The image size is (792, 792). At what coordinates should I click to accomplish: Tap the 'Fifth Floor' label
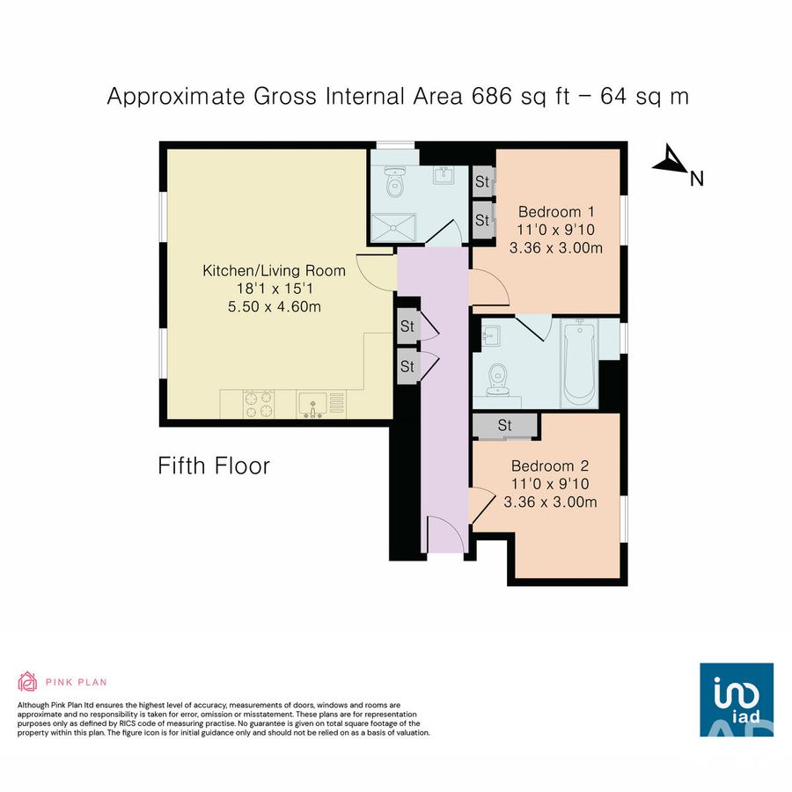(214, 466)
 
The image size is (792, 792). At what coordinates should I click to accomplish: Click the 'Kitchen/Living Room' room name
(275, 270)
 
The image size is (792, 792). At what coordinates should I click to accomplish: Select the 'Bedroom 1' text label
(556, 211)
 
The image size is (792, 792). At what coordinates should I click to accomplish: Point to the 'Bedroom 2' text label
(550, 466)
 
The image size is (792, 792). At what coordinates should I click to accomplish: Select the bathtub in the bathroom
(579, 362)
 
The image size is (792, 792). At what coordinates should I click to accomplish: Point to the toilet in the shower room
(395, 183)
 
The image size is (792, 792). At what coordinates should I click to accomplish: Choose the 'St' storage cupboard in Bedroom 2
(505, 426)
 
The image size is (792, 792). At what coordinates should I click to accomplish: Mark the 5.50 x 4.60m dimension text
(275, 306)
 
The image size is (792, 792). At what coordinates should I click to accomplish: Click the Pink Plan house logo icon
(27, 681)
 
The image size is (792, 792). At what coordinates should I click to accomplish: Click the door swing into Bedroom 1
(487, 288)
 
